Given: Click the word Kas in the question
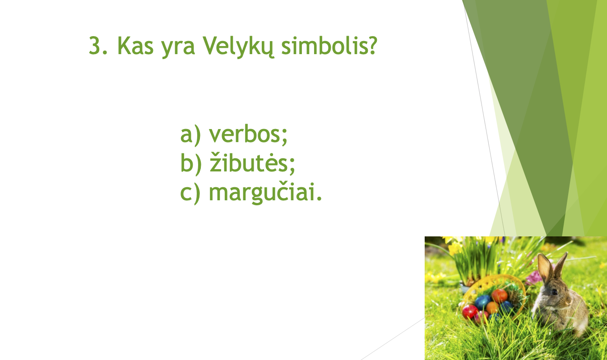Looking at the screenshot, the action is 135,46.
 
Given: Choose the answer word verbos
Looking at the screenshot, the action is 248,134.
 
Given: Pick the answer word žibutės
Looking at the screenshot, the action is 252,162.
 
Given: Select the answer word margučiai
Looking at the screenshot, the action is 265,192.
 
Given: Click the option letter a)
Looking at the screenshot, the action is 191,134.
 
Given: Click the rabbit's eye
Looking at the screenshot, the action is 555,292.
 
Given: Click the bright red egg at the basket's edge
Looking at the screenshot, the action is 470,312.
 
